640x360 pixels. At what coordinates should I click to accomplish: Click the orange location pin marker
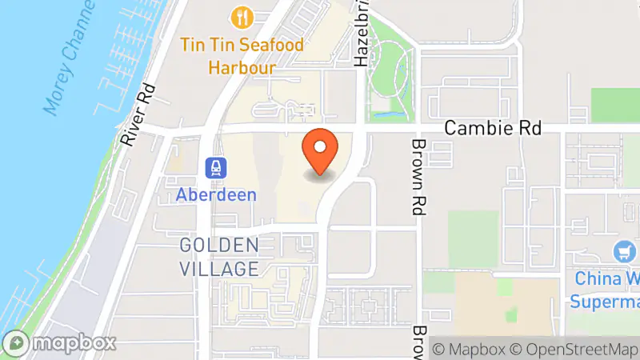320,151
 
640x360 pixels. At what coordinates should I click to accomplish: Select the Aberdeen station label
217,194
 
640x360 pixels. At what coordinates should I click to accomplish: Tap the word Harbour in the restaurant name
242,67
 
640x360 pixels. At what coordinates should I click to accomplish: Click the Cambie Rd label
493,128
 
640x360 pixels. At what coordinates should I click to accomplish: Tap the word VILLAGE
219,268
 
